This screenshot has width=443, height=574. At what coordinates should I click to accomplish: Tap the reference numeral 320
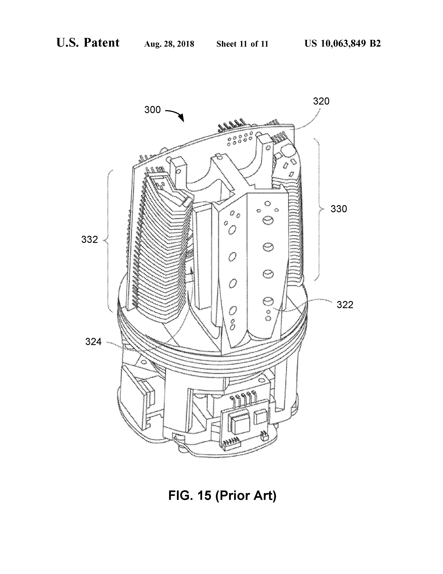[x=321, y=101]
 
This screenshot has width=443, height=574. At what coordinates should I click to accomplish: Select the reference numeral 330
[x=339, y=209]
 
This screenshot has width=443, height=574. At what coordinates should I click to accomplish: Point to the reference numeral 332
[x=89, y=240]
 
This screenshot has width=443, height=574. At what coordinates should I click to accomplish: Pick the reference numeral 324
[x=93, y=342]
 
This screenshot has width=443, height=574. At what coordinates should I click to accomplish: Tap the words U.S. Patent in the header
[x=88, y=43]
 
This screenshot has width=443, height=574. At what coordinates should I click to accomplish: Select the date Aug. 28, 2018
[x=169, y=44]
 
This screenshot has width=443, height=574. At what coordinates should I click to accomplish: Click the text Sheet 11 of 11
[x=242, y=44]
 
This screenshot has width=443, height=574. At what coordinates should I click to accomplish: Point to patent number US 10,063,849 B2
[x=342, y=43]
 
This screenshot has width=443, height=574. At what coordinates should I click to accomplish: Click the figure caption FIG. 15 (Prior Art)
[x=222, y=495]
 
